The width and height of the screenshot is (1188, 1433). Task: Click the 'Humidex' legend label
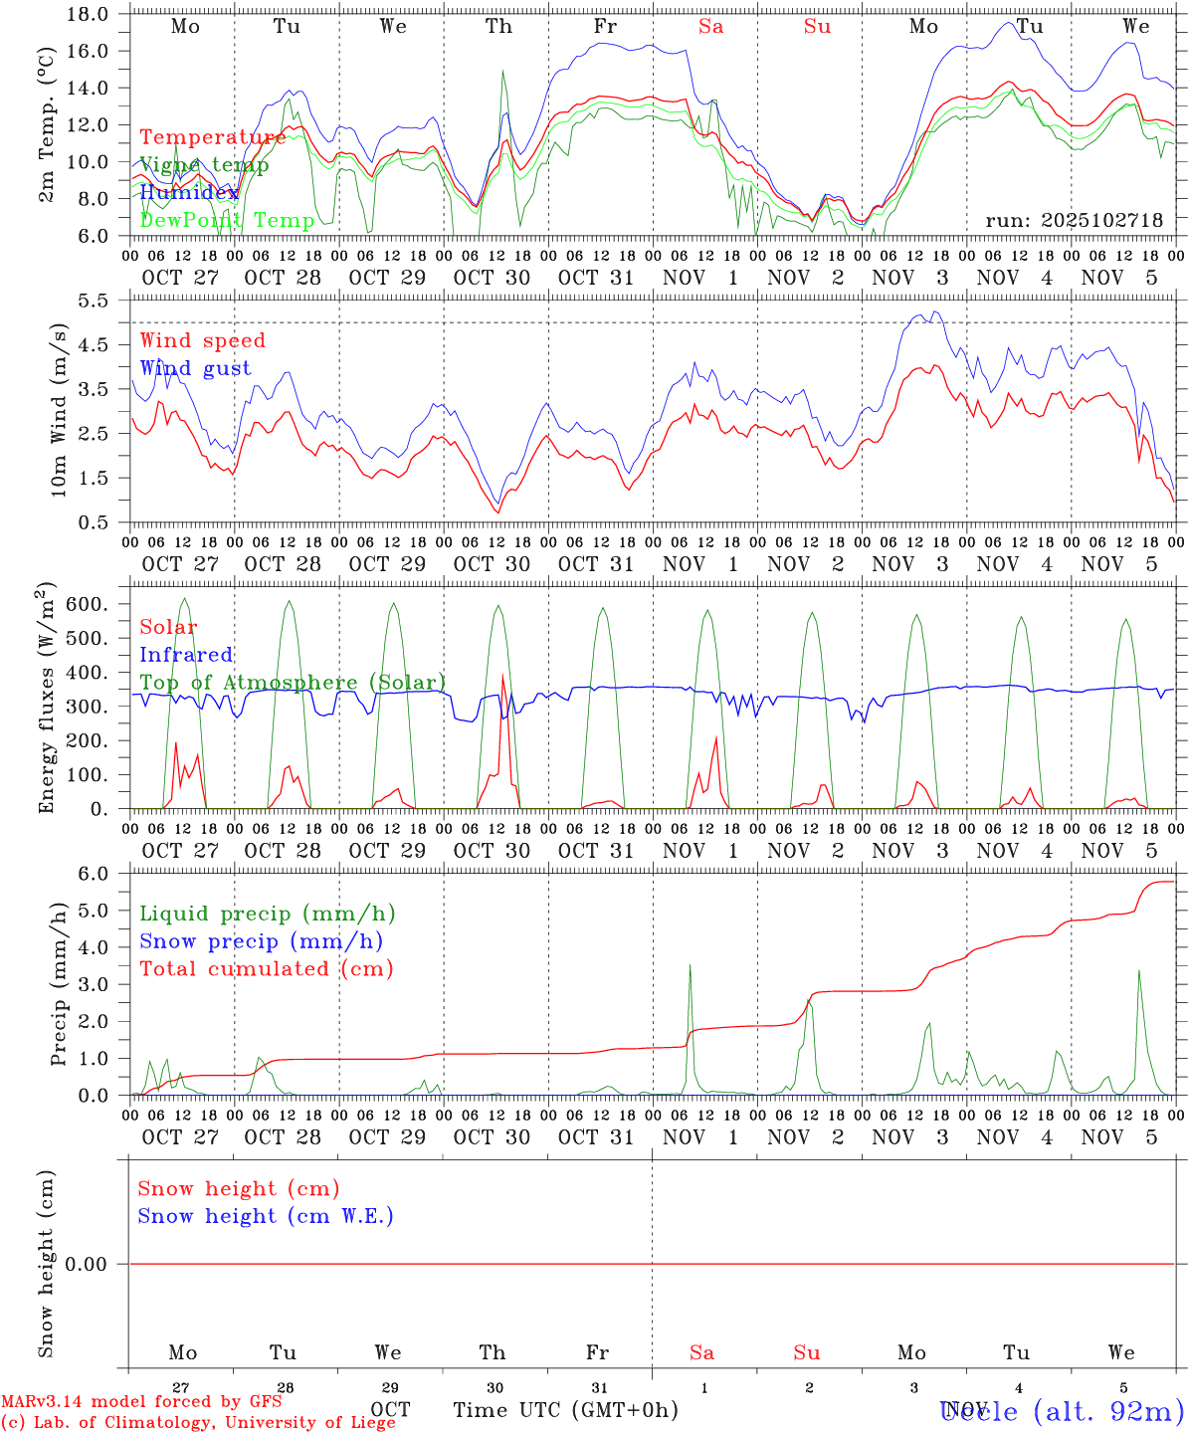coord(189,193)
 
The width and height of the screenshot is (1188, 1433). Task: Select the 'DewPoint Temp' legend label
coord(227,220)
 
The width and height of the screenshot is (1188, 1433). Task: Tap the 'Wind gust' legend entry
coord(195,368)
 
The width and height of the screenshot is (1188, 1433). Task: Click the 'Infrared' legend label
coord(186,655)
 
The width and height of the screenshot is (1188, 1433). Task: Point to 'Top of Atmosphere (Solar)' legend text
coord(293,683)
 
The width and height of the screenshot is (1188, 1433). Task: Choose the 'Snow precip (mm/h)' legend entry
coord(261,941)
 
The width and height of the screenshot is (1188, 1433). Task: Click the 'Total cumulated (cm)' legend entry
coord(266,969)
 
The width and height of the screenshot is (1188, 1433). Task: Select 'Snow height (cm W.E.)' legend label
coord(266,1216)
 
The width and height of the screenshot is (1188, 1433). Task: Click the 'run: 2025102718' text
coord(1074,220)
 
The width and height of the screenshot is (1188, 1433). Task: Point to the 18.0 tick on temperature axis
coord(91,14)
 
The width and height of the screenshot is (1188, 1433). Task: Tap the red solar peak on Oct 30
coord(502,676)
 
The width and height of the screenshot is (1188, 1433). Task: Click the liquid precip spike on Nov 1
coord(690,965)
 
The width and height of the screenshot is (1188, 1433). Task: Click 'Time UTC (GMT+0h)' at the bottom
coord(565,1409)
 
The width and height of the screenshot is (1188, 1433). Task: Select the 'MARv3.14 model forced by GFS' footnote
coord(141,1401)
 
